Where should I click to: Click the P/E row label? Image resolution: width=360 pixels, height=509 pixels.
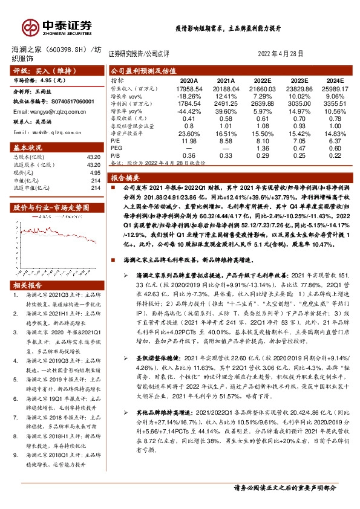[115, 141]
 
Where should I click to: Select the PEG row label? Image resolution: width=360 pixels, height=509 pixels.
[117, 149]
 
